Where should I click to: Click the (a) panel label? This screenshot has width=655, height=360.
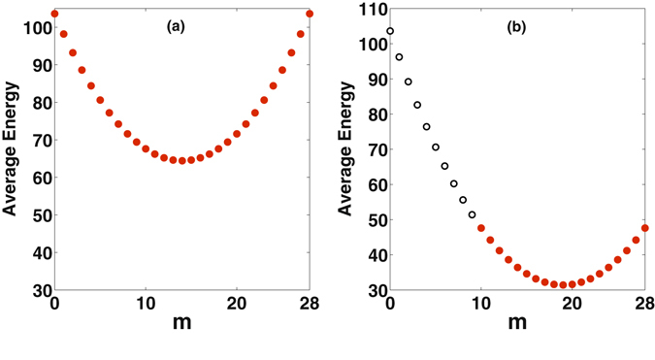tap(176, 27)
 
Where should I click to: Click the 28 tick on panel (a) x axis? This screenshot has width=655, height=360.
tap(310, 305)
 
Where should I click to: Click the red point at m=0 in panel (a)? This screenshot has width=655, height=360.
tap(54, 14)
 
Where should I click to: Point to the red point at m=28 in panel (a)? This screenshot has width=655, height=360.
tap(310, 14)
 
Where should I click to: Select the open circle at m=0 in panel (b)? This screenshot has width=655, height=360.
tap(390, 31)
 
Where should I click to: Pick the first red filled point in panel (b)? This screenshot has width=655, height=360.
tap(481, 228)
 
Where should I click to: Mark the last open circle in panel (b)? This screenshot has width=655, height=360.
tap(472, 214)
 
